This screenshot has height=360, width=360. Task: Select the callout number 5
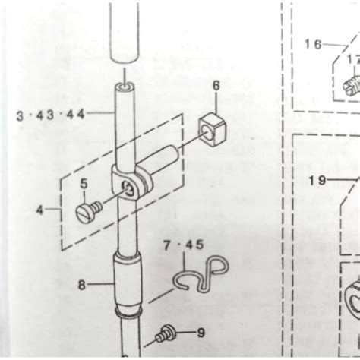coord(84,183)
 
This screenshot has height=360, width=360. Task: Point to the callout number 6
coord(216,87)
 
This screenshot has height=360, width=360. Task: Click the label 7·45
coord(182,245)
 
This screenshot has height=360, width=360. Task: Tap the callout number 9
coord(201,332)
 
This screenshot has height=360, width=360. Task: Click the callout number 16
coord(313,44)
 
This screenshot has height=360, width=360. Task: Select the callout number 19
coord(317,180)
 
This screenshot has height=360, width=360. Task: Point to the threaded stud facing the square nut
coord(163,162)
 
